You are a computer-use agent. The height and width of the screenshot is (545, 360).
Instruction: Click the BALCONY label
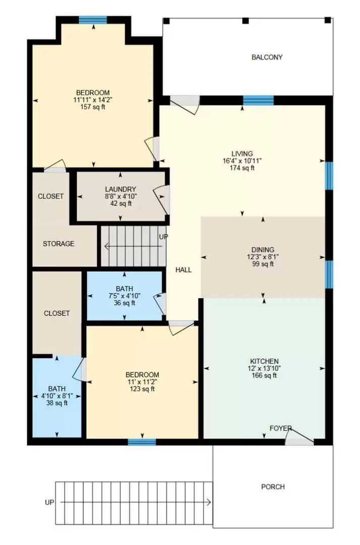point(267,58)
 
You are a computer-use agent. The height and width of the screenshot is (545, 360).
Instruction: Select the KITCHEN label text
point(264,361)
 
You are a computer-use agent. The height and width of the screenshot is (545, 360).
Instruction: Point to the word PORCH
point(273,487)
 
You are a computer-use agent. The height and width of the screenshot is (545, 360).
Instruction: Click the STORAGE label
point(58,244)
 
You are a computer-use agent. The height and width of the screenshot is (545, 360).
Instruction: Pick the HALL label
point(183,270)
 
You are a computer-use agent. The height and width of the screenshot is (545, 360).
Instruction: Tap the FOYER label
point(280,428)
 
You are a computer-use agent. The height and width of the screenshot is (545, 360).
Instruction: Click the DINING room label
point(263,250)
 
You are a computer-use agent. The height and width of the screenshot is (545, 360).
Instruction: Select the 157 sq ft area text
point(92,107)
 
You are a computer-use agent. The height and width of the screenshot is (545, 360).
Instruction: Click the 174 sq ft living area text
point(242,168)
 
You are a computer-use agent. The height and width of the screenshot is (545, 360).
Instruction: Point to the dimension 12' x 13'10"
point(264,368)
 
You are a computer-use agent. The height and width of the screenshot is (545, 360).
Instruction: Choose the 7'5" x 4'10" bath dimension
point(124,296)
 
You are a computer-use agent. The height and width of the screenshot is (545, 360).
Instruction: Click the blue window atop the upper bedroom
point(93,20)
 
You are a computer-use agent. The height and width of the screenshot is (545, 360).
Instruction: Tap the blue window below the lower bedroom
point(141,442)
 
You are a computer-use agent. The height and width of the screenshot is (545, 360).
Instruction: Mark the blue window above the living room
point(258,100)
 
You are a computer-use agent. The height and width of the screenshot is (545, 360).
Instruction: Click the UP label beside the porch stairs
point(49,503)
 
